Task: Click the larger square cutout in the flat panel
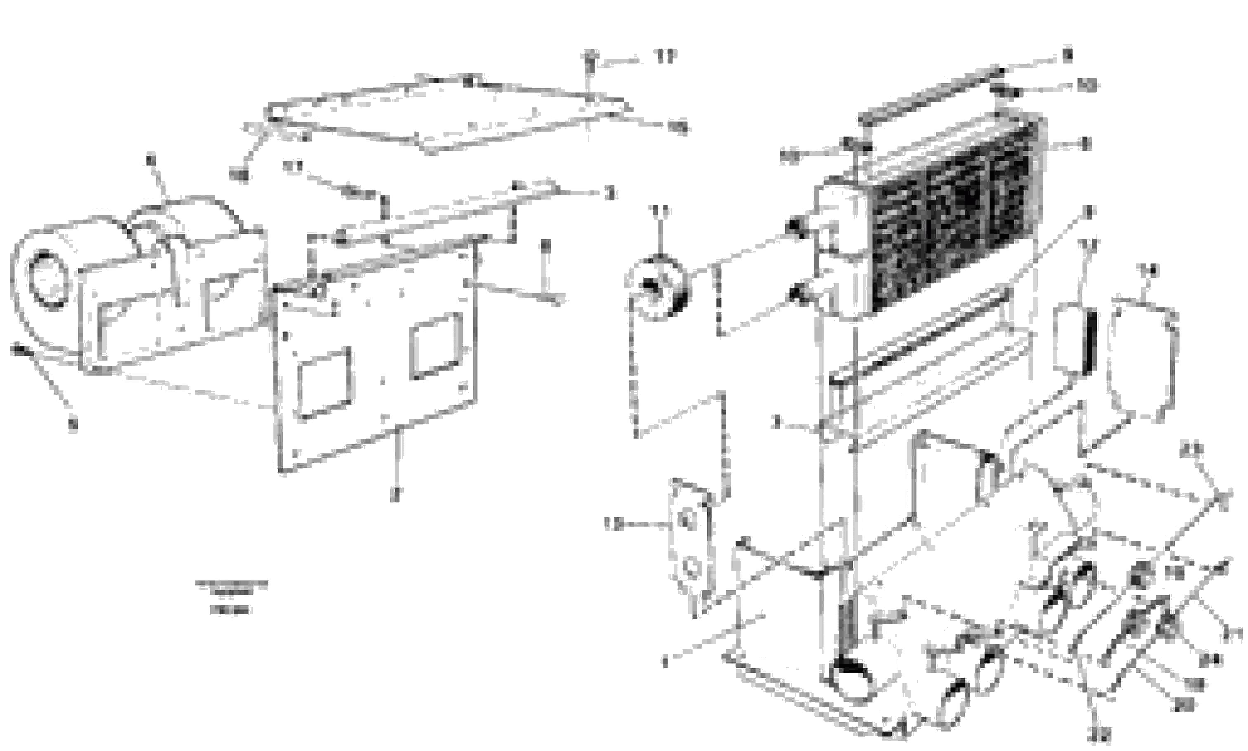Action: [324, 383]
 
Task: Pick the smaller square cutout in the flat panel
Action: [436, 345]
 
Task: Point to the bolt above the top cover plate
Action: [590, 61]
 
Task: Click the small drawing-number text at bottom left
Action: [231, 597]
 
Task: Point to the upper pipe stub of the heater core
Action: [798, 227]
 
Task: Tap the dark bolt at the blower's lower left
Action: [19, 350]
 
